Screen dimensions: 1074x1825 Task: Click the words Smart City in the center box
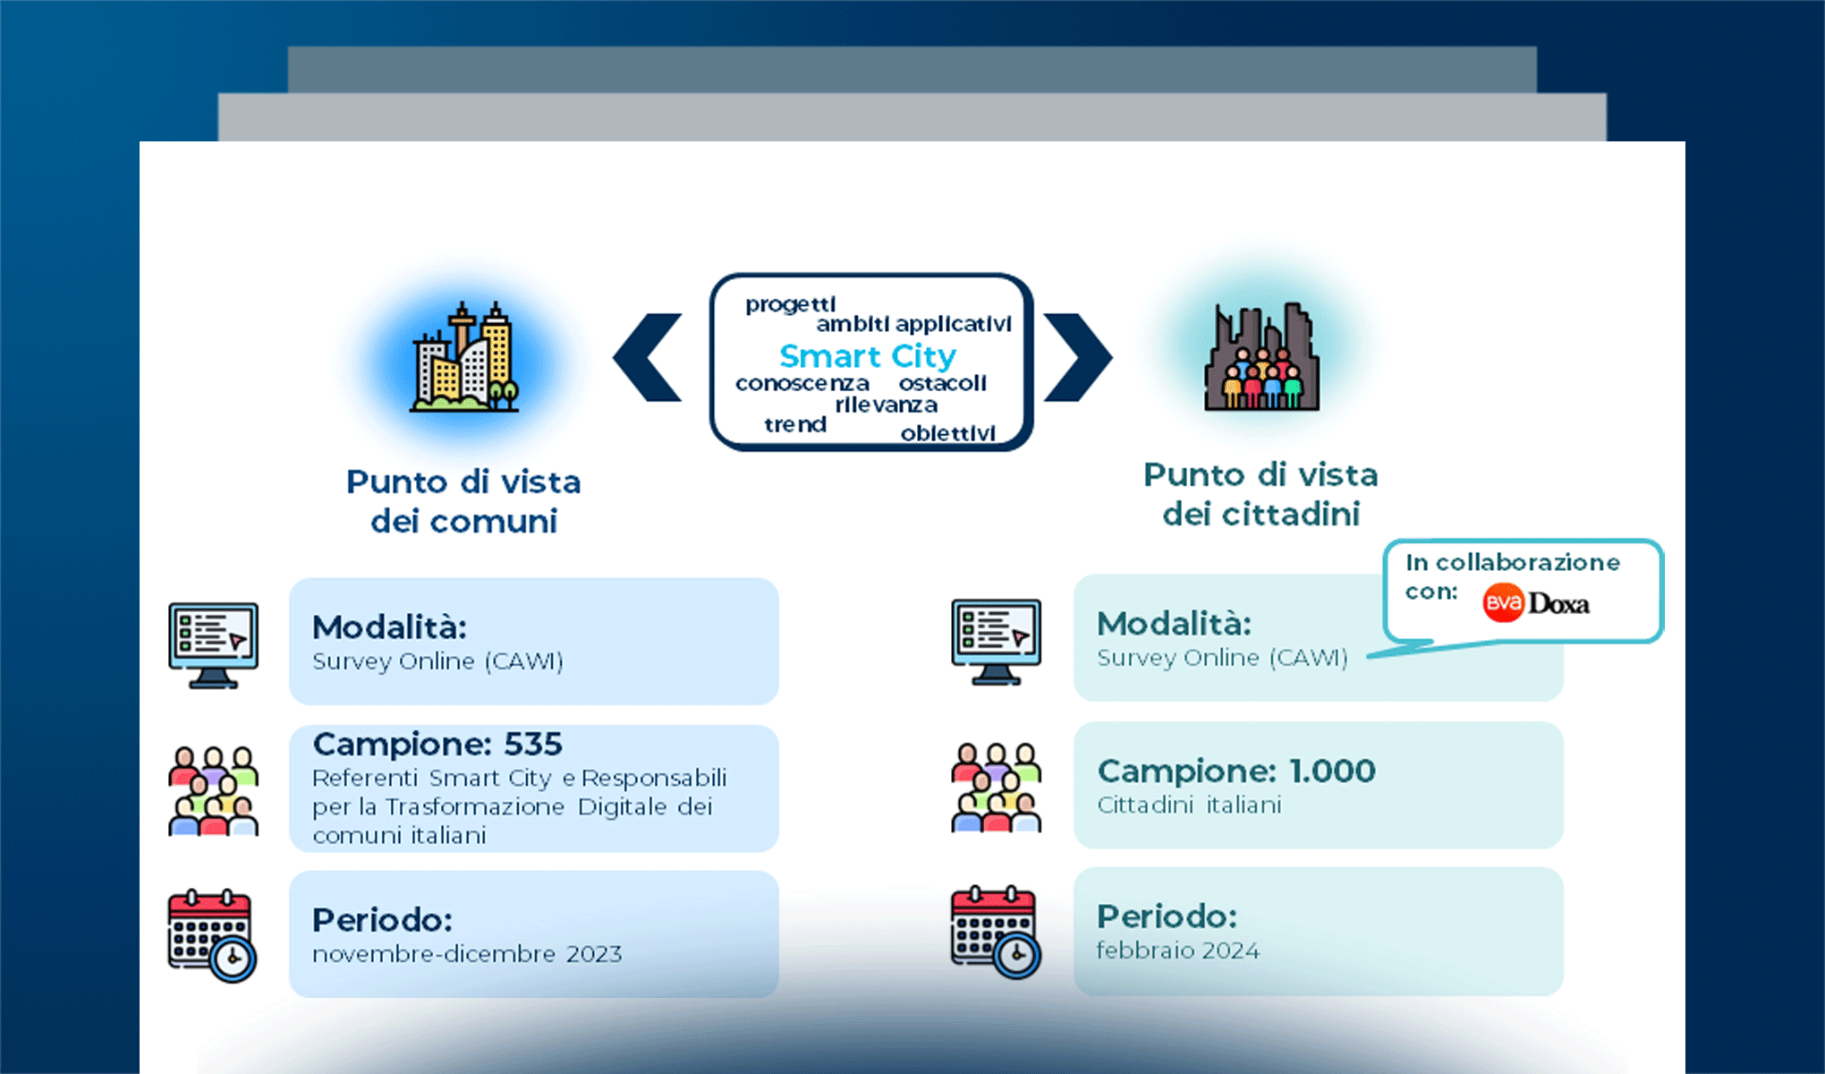[x=867, y=356]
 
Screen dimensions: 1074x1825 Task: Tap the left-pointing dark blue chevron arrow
[x=648, y=357]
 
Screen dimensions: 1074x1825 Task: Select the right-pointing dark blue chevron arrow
[x=1077, y=357]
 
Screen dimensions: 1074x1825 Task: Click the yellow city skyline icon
[x=464, y=357]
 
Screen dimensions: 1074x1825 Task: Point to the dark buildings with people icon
[x=1261, y=358]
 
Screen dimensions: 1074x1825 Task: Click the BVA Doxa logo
[x=1536, y=603]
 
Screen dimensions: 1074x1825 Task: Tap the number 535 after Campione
[x=533, y=744]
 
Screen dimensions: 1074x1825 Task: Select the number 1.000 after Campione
[x=1331, y=771]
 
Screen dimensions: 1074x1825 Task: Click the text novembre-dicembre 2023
[x=467, y=954]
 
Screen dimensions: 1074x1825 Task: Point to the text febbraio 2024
[x=1177, y=950]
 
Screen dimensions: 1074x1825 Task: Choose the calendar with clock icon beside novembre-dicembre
[x=212, y=935]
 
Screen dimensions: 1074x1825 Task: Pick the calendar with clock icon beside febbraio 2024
[x=995, y=932]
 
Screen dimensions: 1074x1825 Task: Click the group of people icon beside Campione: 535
[x=214, y=790]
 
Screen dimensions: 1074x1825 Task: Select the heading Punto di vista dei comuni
[x=463, y=501]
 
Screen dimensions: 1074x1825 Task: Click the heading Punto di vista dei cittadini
[x=1261, y=494]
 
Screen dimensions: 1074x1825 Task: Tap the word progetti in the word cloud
[x=790, y=304]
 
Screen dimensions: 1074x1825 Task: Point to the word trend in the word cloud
[x=794, y=424]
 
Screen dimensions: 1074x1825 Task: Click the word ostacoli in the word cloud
[x=942, y=383]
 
